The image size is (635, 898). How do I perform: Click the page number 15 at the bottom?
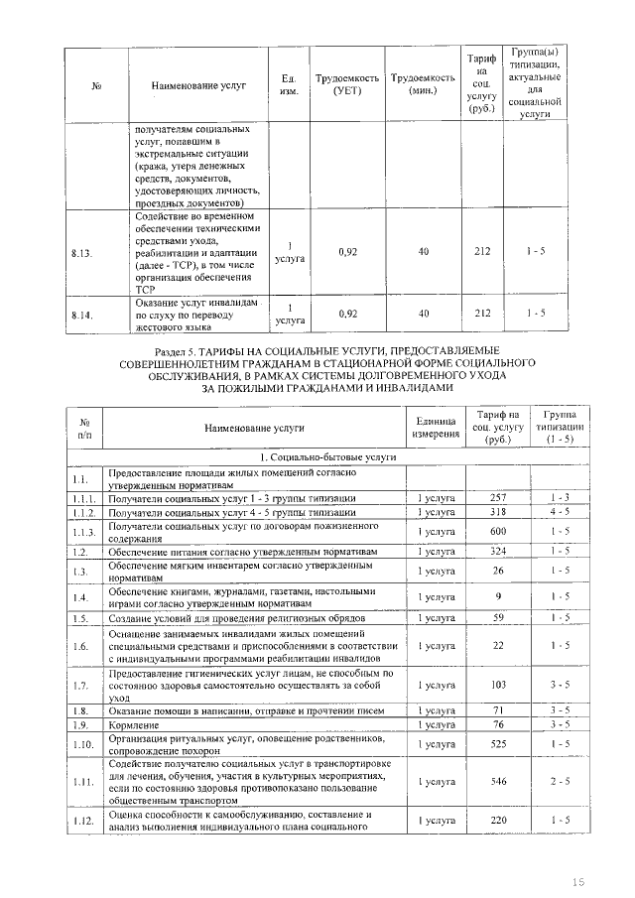coord(580,881)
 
